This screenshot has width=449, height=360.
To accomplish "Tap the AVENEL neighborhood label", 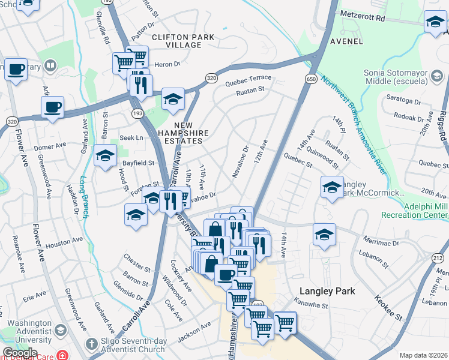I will (x=346, y=41).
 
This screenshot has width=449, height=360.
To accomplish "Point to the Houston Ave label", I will (x=64, y=245).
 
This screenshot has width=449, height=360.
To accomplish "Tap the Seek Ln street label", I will (x=131, y=137).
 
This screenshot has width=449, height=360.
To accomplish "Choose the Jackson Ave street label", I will (x=194, y=332).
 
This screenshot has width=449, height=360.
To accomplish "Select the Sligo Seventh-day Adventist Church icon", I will (x=91, y=344).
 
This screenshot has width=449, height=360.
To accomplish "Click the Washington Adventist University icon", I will (x=60, y=330).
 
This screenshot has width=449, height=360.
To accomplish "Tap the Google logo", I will (x=19, y=353).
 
